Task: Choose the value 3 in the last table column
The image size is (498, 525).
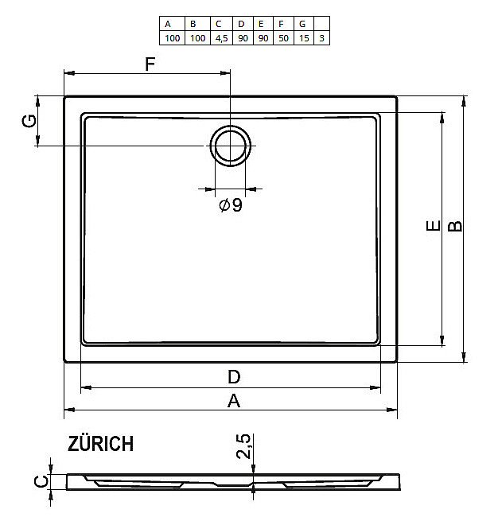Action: coord(321,37)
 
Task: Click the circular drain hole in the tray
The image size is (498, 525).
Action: coord(231,146)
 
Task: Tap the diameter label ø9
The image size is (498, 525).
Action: coord(230,206)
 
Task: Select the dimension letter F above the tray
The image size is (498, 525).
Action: coord(150,64)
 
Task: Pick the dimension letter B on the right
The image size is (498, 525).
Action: coord(455,226)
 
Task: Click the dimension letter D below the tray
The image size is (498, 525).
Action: coord(234,376)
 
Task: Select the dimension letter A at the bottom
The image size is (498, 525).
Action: coord(233,402)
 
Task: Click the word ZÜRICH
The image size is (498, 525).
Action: coord(101,444)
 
